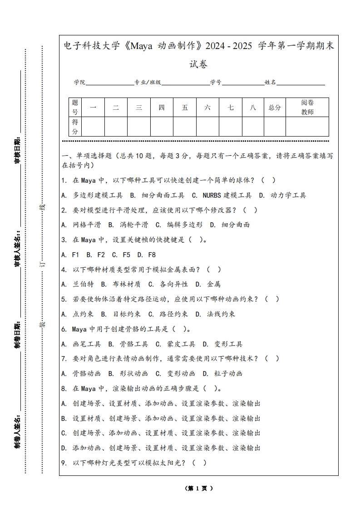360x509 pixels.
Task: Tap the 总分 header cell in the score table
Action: (x=275, y=108)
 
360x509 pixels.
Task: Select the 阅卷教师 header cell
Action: (x=307, y=108)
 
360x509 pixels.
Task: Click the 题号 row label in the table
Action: (x=75, y=108)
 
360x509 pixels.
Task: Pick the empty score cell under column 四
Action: (x=162, y=127)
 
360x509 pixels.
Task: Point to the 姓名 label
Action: (x=271, y=83)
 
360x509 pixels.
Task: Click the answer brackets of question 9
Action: (x=199, y=463)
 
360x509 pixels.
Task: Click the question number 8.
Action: (x=64, y=388)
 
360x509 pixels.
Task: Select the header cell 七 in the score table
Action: (x=231, y=108)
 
